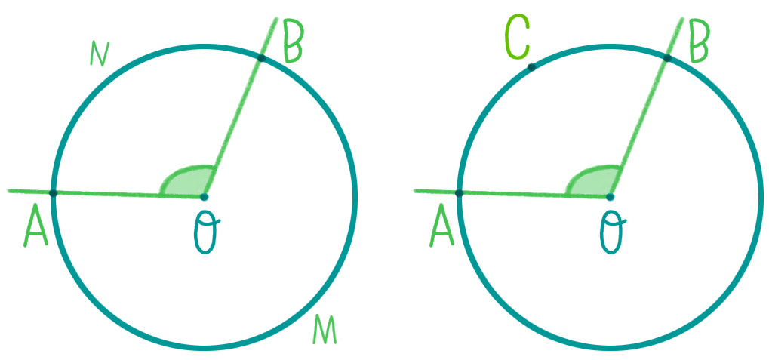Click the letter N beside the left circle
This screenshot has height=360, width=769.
[99, 54]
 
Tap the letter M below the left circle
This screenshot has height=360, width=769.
[325, 330]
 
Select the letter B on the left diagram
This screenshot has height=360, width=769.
[294, 41]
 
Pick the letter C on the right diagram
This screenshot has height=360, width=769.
[517, 37]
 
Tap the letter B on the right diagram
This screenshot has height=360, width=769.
[699, 41]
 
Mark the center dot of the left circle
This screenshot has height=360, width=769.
[205, 197]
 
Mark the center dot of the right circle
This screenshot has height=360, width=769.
[610, 197]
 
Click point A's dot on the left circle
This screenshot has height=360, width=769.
[54, 194]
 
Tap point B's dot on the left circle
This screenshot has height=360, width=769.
[261, 58]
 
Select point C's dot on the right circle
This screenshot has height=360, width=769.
[531, 67]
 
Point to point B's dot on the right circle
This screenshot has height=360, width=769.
[667, 58]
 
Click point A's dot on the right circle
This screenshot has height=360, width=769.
[459, 194]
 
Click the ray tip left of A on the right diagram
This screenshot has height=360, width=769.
[415, 190]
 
